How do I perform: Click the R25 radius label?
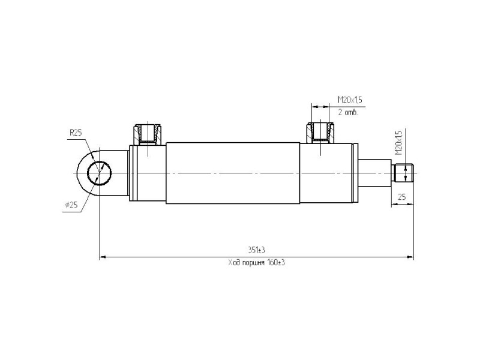pos(76,133)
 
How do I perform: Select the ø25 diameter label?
pos(71,205)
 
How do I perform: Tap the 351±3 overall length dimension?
pos(257,250)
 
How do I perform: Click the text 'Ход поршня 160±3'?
pos(257,263)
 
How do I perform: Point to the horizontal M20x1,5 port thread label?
pos(350,100)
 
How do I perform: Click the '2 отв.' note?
pos(348,112)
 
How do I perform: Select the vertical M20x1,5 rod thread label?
pos(398,143)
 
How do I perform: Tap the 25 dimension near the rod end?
pos(401,197)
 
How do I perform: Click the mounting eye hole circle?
pos(99,173)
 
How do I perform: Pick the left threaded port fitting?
pos(148,134)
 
